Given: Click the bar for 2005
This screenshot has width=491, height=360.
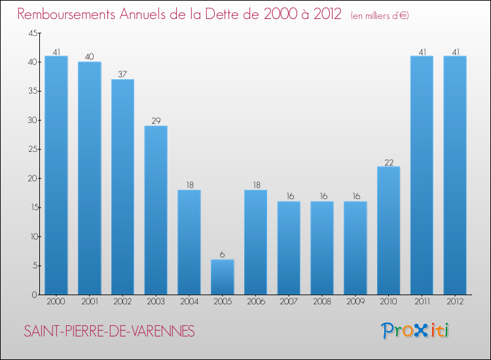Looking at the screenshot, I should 223,277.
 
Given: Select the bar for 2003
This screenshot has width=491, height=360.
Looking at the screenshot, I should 156,210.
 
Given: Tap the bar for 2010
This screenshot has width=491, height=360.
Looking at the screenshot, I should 388,230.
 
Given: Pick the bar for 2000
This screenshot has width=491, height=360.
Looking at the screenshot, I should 56,175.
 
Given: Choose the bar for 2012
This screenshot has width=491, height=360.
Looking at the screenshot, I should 455,175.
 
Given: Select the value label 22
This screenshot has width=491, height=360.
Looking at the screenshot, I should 388,162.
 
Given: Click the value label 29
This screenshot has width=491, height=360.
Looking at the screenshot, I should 156,121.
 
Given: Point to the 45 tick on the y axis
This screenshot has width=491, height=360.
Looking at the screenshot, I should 32,33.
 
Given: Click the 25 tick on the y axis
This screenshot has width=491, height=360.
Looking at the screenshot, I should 32,149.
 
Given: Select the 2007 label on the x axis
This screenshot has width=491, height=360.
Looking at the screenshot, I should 289,302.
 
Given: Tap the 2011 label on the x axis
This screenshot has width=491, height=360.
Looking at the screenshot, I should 422,302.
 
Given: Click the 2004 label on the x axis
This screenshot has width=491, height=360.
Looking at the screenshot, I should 189,302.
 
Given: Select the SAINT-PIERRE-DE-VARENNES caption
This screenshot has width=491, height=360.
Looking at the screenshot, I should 109,332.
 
